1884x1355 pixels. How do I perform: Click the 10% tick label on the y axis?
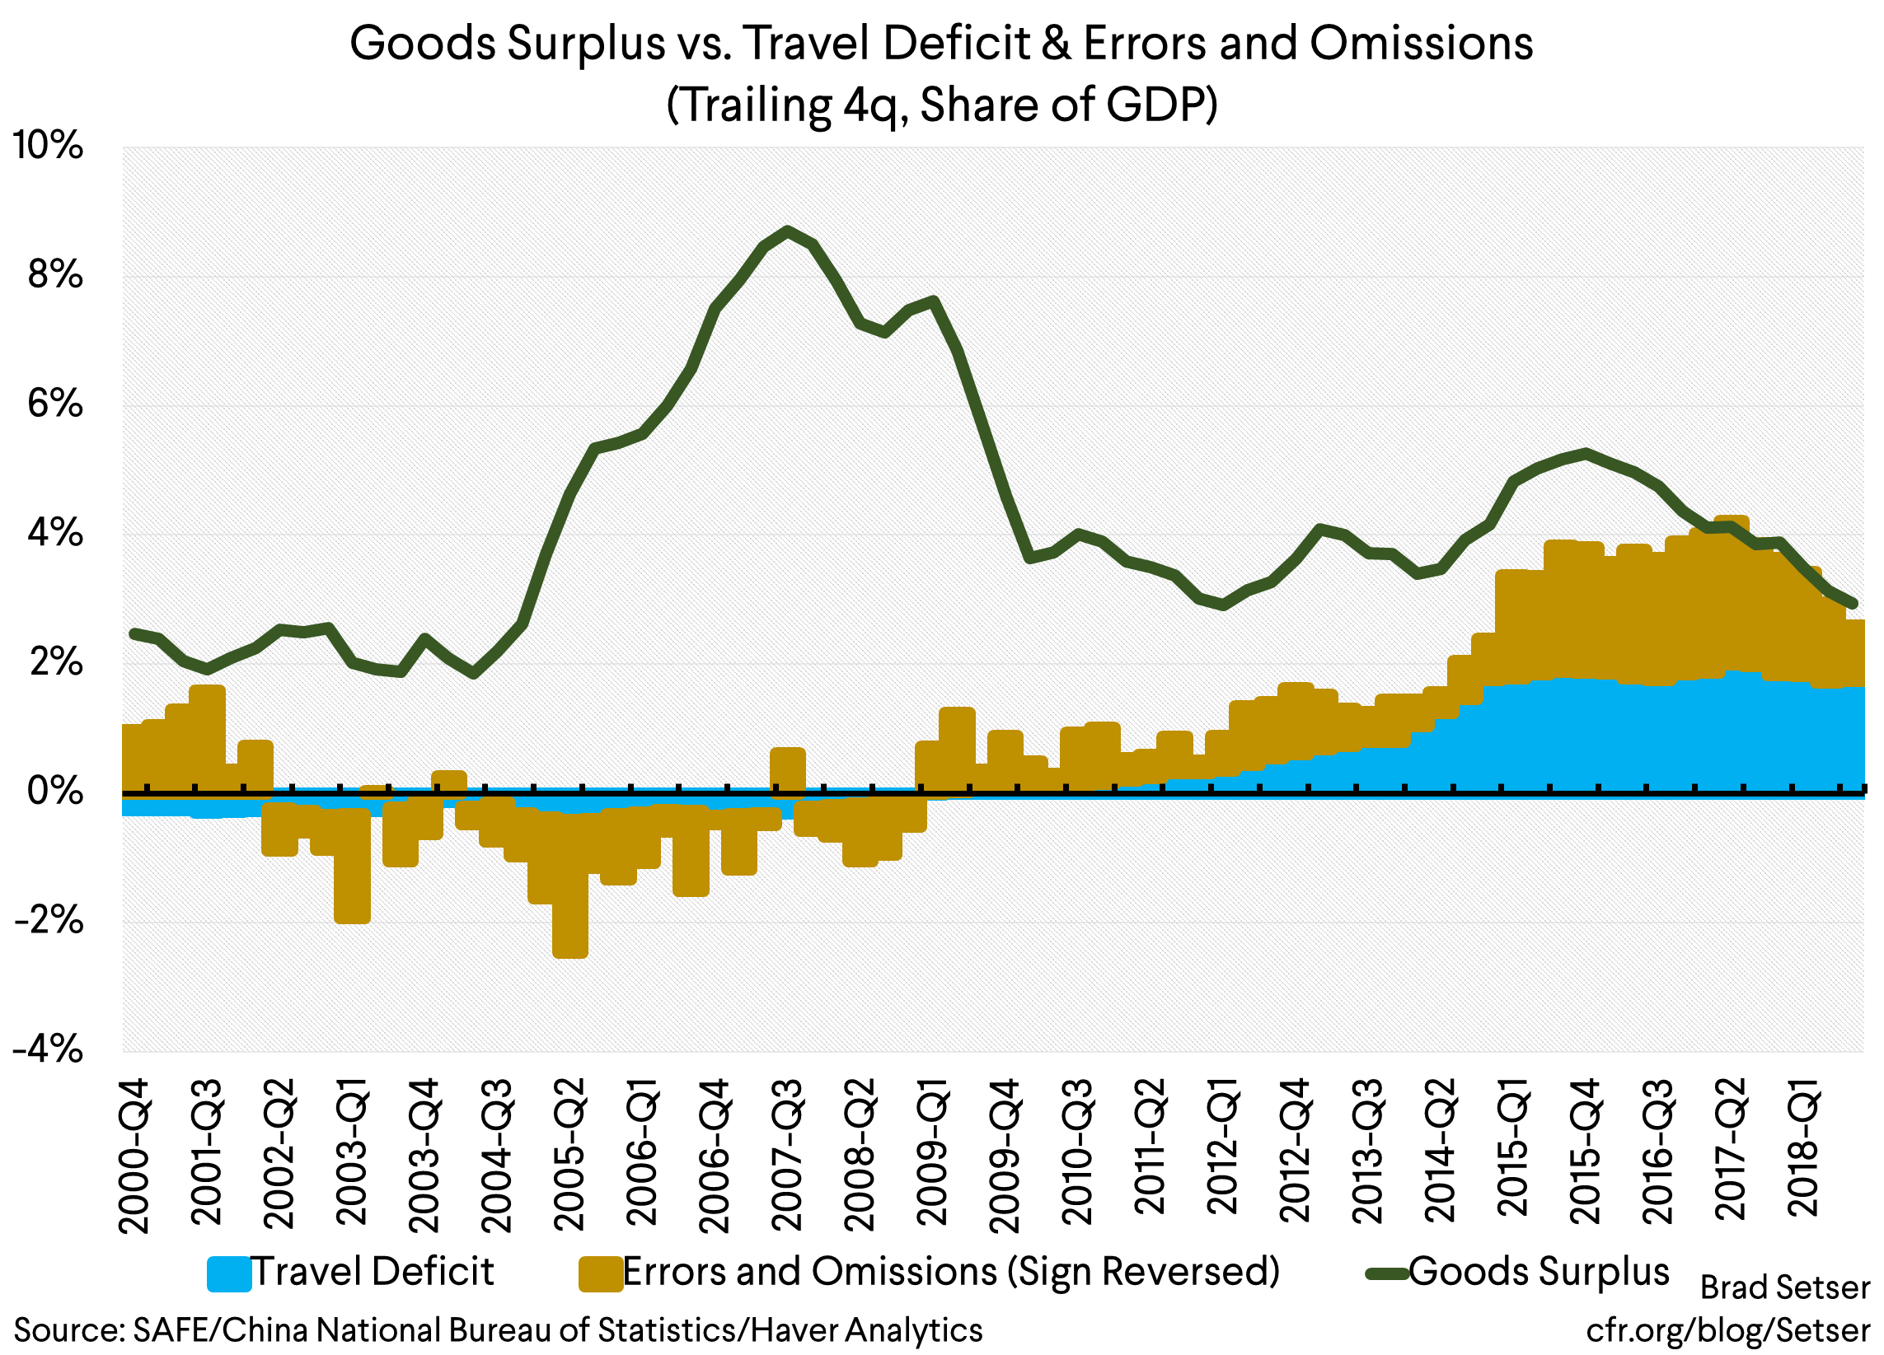pyautogui.click(x=48, y=146)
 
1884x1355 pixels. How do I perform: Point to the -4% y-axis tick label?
pyautogui.click(x=48, y=1050)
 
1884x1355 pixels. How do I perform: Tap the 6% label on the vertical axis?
pyautogui.click(x=55, y=404)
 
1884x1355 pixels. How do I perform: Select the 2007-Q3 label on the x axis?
pyautogui.click(x=787, y=1154)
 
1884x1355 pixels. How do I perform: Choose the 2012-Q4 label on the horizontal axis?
pyautogui.click(x=1295, y=1151)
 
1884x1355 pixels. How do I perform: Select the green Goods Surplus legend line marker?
pyautogui.click(x=1387, y=1273)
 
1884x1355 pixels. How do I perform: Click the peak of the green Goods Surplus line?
pyautogui.click(x=788, y=230)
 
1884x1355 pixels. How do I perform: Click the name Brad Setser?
pyautogui.click(x=1784, y=1287)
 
